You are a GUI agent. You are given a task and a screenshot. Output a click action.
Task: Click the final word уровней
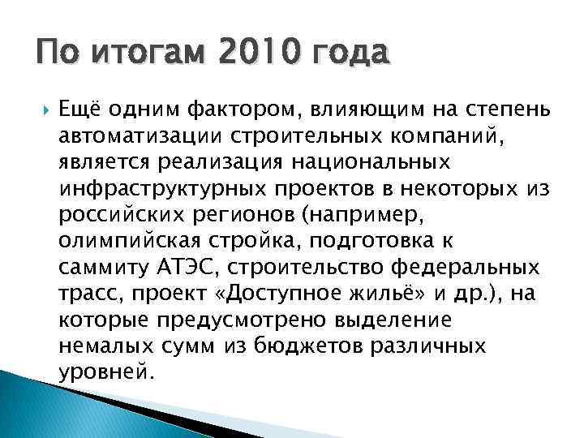click(104, 374)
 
